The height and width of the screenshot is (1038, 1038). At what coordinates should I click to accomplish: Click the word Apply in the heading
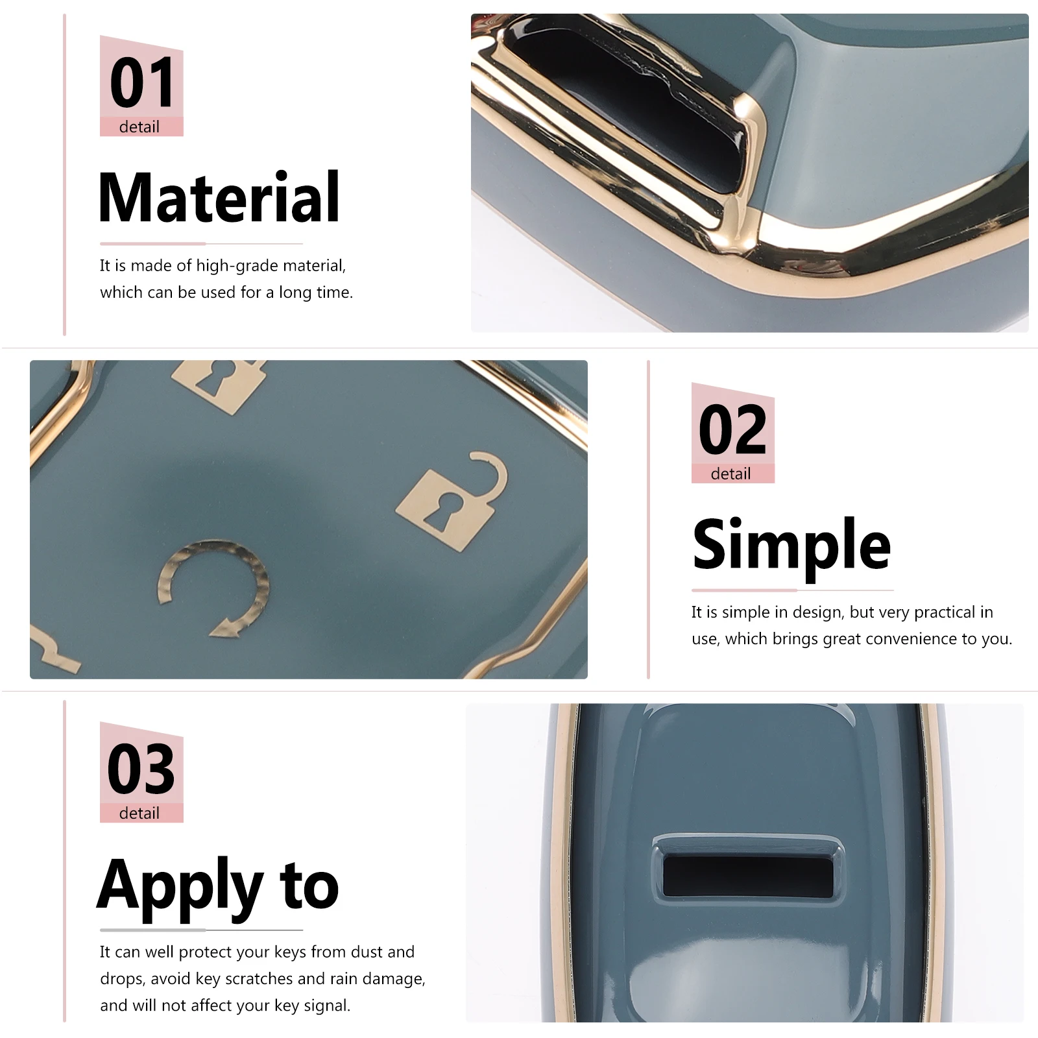[x=180, y=886]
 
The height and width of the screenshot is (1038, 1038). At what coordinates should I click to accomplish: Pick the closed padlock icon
[x=219, y=385]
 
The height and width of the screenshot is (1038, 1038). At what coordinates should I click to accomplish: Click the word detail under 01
[x=139, y=127]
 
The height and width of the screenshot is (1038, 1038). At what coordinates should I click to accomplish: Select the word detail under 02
[x=731, y=474]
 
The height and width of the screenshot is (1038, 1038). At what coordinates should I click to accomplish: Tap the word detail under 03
[x=139, y=813]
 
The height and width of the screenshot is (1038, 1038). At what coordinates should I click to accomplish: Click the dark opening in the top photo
[x=623, y=104]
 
